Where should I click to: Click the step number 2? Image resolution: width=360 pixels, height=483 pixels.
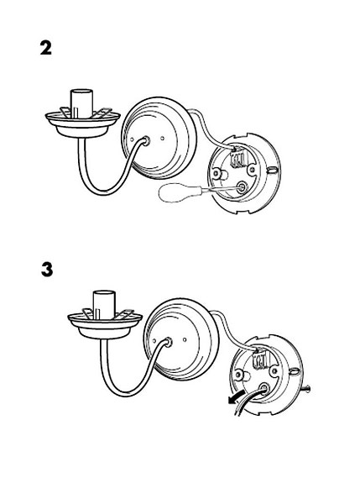46,49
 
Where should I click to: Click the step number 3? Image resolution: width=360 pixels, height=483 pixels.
47,270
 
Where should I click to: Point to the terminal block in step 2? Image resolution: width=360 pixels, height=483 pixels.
237,157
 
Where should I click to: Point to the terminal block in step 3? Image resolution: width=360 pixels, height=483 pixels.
259,359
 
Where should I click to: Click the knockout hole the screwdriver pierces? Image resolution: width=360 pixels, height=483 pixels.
241,186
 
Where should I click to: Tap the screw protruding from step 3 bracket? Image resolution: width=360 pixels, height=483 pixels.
305,390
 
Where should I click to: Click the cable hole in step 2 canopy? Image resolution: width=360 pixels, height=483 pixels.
144,141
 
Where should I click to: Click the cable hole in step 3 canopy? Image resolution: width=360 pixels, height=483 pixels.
167,342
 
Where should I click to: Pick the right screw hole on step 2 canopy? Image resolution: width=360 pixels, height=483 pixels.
163,138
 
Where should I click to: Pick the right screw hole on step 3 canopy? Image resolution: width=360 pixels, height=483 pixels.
185,339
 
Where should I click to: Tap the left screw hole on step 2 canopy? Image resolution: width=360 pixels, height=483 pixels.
132,139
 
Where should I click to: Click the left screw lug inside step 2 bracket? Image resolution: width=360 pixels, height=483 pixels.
217,174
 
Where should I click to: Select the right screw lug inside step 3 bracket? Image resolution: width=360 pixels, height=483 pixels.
274,371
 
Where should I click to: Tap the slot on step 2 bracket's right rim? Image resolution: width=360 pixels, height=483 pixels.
271,170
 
